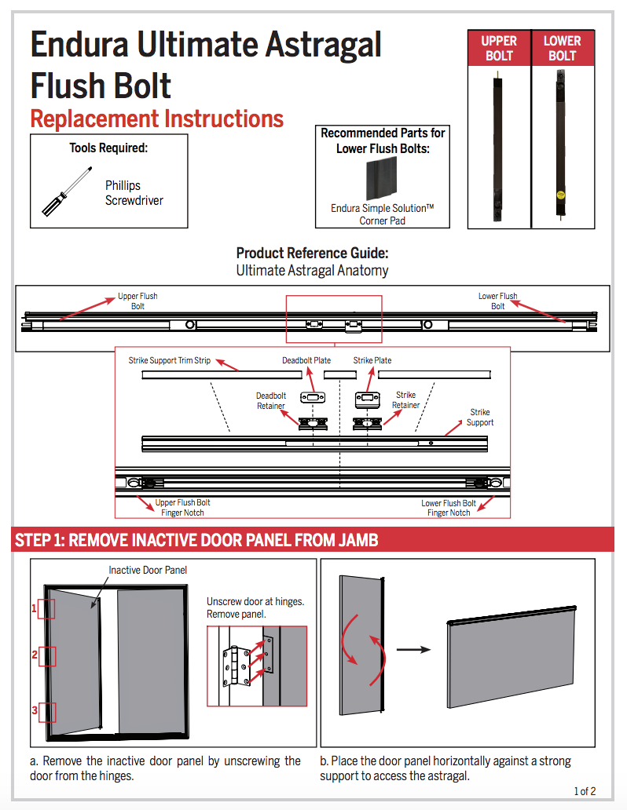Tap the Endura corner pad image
382,179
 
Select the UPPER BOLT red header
499,48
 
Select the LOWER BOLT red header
562,48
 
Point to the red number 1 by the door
35,607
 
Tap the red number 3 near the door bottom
35,711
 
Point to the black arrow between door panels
413,649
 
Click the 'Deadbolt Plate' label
306,360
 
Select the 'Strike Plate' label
372,360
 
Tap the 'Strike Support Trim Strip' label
170,360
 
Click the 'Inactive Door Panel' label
148,570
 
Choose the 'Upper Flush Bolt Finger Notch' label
182,508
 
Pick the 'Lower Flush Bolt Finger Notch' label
449,508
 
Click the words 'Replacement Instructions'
156,119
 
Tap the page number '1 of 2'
585,791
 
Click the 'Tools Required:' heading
108,148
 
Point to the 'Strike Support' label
480,417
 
